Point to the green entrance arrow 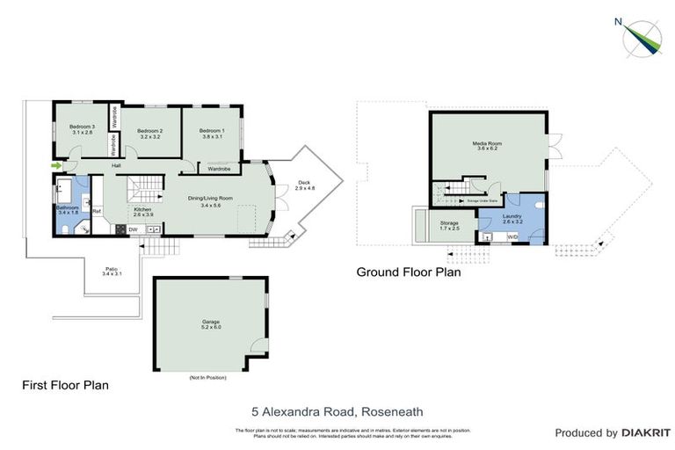coord(57,165)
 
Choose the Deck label coord(305,185)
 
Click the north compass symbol coord(642,36)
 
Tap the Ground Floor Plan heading coord(408,272)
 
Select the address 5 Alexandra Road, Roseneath coord(337,410)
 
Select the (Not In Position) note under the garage coord(207,378)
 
